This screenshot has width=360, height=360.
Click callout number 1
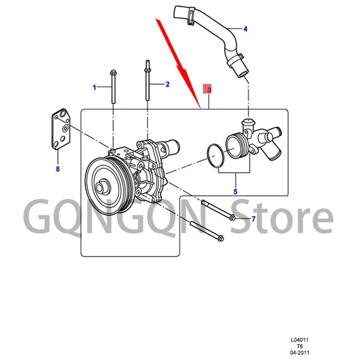tap(95, 87)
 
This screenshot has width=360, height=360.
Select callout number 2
tap(167, 84)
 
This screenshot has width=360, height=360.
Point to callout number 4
tap(245, 28)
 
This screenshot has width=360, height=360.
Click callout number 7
tap(253, 218)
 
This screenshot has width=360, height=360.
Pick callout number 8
tap(57, 168)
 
